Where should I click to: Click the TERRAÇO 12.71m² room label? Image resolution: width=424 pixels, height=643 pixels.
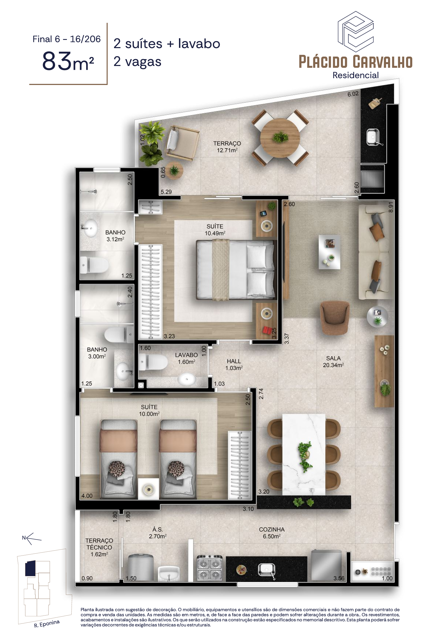coord(227,147)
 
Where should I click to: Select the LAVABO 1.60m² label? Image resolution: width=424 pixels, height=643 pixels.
coord(186,358)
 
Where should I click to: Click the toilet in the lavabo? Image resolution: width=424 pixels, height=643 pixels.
coord(153,362)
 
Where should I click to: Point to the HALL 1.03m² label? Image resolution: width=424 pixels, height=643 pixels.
coord(234,364)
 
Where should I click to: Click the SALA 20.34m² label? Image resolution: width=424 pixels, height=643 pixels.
coord(333,362)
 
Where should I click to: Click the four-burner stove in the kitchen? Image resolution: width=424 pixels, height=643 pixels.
coord(210,568)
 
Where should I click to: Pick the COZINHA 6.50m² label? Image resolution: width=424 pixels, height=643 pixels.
coord(271,533)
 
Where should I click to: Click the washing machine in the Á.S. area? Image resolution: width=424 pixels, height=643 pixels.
coord(141,568)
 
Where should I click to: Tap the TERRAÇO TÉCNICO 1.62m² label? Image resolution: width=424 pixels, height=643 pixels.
coord(99,547)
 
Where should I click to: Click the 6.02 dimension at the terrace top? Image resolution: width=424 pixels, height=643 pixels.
coord(353,94)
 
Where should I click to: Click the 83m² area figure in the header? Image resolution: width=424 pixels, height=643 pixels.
coord(68,61)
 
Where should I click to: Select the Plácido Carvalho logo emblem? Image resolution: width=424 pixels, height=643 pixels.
coord(355,32)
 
